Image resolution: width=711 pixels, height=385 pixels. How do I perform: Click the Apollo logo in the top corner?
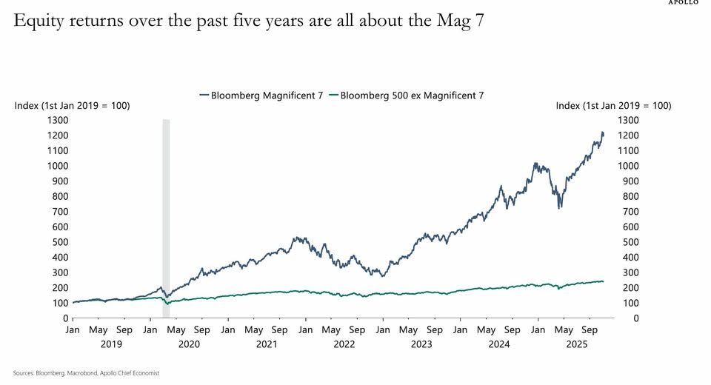683,2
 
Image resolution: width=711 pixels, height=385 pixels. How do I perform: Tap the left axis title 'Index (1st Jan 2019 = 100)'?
72,106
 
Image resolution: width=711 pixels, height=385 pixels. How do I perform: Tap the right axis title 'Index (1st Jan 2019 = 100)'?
613,106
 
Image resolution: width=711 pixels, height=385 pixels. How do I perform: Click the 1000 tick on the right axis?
629,166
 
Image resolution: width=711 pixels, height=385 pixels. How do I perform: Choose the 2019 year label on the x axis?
111,344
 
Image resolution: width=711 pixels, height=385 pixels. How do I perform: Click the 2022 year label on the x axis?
344,344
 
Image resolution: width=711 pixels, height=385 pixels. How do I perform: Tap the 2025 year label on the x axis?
577,344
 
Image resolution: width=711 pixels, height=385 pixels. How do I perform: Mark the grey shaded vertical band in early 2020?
167,215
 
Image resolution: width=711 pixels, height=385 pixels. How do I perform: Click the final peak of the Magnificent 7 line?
602,133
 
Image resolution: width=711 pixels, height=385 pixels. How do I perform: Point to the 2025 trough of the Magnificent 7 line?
559,207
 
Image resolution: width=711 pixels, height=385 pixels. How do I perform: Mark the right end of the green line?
603,281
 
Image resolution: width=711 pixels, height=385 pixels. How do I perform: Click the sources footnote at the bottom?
86,373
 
